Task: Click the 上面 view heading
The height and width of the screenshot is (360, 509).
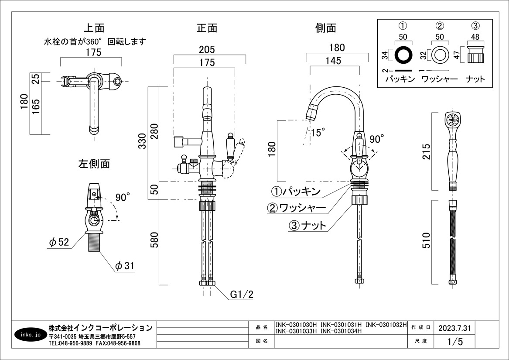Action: [x=94, y=28]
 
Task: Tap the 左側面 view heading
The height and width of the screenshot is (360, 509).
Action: [x=94, y=164]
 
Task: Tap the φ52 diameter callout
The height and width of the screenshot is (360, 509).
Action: [x=59, y=243]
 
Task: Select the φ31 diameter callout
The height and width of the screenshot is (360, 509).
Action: [x=125, y=265]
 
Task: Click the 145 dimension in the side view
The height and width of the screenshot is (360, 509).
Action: [x=333, y=61]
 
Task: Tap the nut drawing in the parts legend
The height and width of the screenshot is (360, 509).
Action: [x=476, y=55]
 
